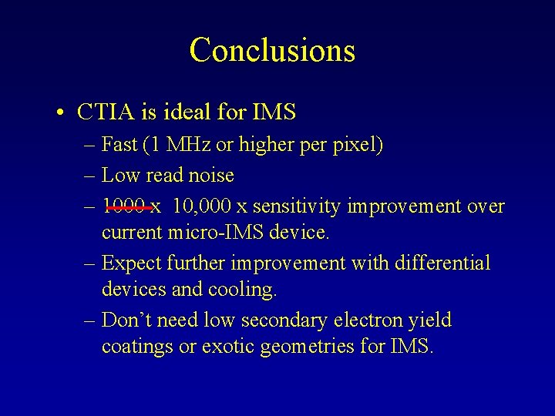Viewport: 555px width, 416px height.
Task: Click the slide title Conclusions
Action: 272,50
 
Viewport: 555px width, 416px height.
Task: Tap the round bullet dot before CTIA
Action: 60,113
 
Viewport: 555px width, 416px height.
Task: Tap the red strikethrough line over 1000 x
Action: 129,206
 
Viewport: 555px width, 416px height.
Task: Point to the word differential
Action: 441,263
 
